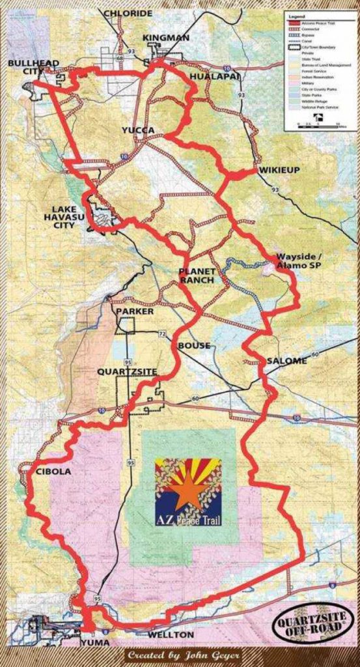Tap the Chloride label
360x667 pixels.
tap(128, 13)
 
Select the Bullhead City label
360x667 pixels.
tap(33, 67)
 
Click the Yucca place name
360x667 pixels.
tap(138, 130)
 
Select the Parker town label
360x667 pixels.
tap(135, 311)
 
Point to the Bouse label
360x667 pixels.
tap(194, 345)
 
